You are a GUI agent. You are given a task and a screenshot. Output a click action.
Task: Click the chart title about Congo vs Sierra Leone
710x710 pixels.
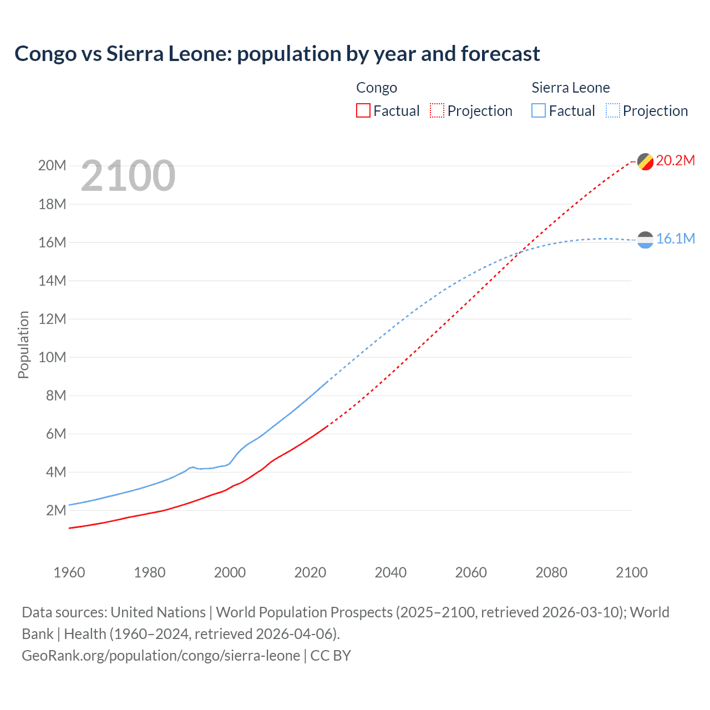point(277,54)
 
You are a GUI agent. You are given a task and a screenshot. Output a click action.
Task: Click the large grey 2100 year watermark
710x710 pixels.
point(128,176)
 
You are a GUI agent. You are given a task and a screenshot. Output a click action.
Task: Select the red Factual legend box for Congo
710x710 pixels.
point(363,111)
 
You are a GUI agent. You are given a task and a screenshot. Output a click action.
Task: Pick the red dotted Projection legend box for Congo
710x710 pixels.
point(437,111)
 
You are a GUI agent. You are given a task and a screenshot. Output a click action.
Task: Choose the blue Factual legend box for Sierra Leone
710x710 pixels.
point(538,111)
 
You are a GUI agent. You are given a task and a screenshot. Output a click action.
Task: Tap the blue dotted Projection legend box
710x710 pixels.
point(612,111)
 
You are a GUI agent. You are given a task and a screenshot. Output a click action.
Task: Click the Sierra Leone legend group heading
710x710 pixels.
point(570,88)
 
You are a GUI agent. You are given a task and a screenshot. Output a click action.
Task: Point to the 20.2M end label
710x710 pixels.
point(675,161)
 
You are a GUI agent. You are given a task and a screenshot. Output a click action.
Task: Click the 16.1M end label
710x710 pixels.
point(675,239)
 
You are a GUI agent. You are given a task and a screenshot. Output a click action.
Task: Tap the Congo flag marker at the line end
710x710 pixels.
point(645,162)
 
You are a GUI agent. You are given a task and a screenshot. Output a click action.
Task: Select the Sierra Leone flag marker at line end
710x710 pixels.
point(645,240)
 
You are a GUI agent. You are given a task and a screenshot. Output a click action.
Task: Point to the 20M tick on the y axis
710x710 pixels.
point(52,166)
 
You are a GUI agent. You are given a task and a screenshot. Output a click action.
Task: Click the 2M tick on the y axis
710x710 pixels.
point(55,510)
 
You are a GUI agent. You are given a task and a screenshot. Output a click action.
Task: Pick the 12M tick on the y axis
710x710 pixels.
point(52,319)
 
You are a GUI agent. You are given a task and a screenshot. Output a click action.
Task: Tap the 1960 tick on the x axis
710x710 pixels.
point(69,572)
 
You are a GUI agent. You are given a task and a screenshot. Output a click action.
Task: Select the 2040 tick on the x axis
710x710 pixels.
point(390,572)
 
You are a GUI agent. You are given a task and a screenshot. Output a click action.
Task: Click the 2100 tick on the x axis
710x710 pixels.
point(631,572)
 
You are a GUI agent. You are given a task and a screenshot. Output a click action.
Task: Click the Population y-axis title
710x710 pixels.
point(23,344)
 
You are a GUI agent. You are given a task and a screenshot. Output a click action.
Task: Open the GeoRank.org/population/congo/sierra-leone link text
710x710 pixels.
point(161,656)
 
